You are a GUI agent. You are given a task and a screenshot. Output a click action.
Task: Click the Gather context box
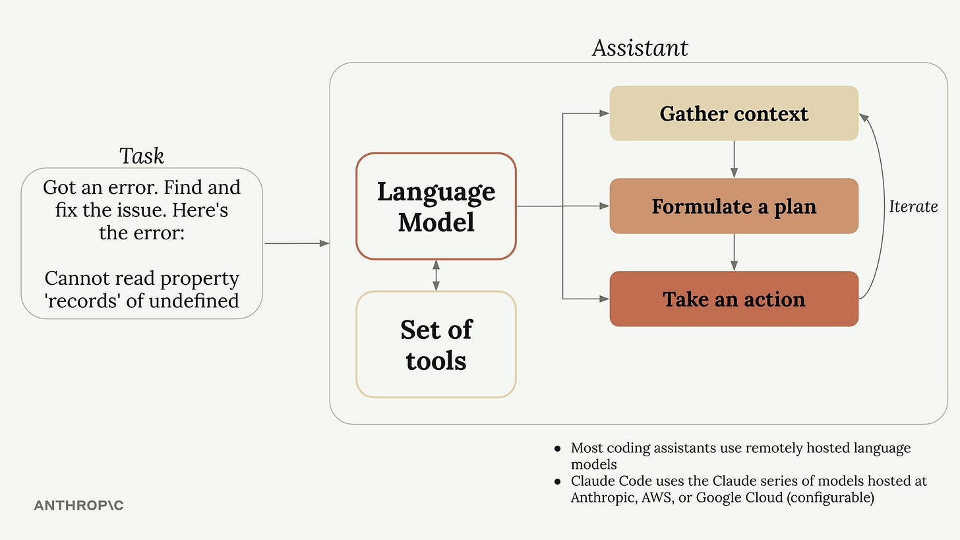pyautogui.click(x=733, y=113)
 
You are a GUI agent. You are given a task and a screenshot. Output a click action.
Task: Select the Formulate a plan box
pyautogui.click(x=733, y=206)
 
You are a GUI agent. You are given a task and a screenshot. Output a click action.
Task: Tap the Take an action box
pyautogui.click(x=733, y=299)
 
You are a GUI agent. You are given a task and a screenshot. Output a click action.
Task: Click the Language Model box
pyautogui.click(x=436, y=206)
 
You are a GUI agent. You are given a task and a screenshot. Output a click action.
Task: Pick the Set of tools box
pyautogui.click(x=436, y=345)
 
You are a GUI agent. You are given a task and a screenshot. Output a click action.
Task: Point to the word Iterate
pyautogui.click(x=913, y=206)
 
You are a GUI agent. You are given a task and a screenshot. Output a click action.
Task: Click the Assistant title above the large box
pyautogui.click(x=640, y=48)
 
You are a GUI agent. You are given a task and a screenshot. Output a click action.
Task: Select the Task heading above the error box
pyautogui.click(x=142, y=156)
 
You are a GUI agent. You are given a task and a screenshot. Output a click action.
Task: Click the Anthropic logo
pyautogui.click(x=78, y=506)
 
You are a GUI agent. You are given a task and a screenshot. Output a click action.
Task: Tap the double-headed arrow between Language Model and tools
pyautogui.click(x=436, y=276)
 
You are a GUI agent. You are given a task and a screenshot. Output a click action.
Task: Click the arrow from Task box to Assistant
pyautogui.click(x=297, y=243)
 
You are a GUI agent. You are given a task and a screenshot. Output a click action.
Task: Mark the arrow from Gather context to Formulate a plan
pyautogui.click(x=734, y=160)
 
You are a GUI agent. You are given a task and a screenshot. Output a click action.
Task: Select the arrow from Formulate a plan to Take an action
pyautogui.click(x=734, y=253)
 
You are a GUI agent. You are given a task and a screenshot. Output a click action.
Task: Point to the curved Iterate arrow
pyautogui.click(x=882, y=206)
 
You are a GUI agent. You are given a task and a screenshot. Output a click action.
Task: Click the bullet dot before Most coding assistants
pyautogui.click(x=558, y=449)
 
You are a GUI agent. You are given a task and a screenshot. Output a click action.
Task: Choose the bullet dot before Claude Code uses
pyautogui.click(x=558, y=482)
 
